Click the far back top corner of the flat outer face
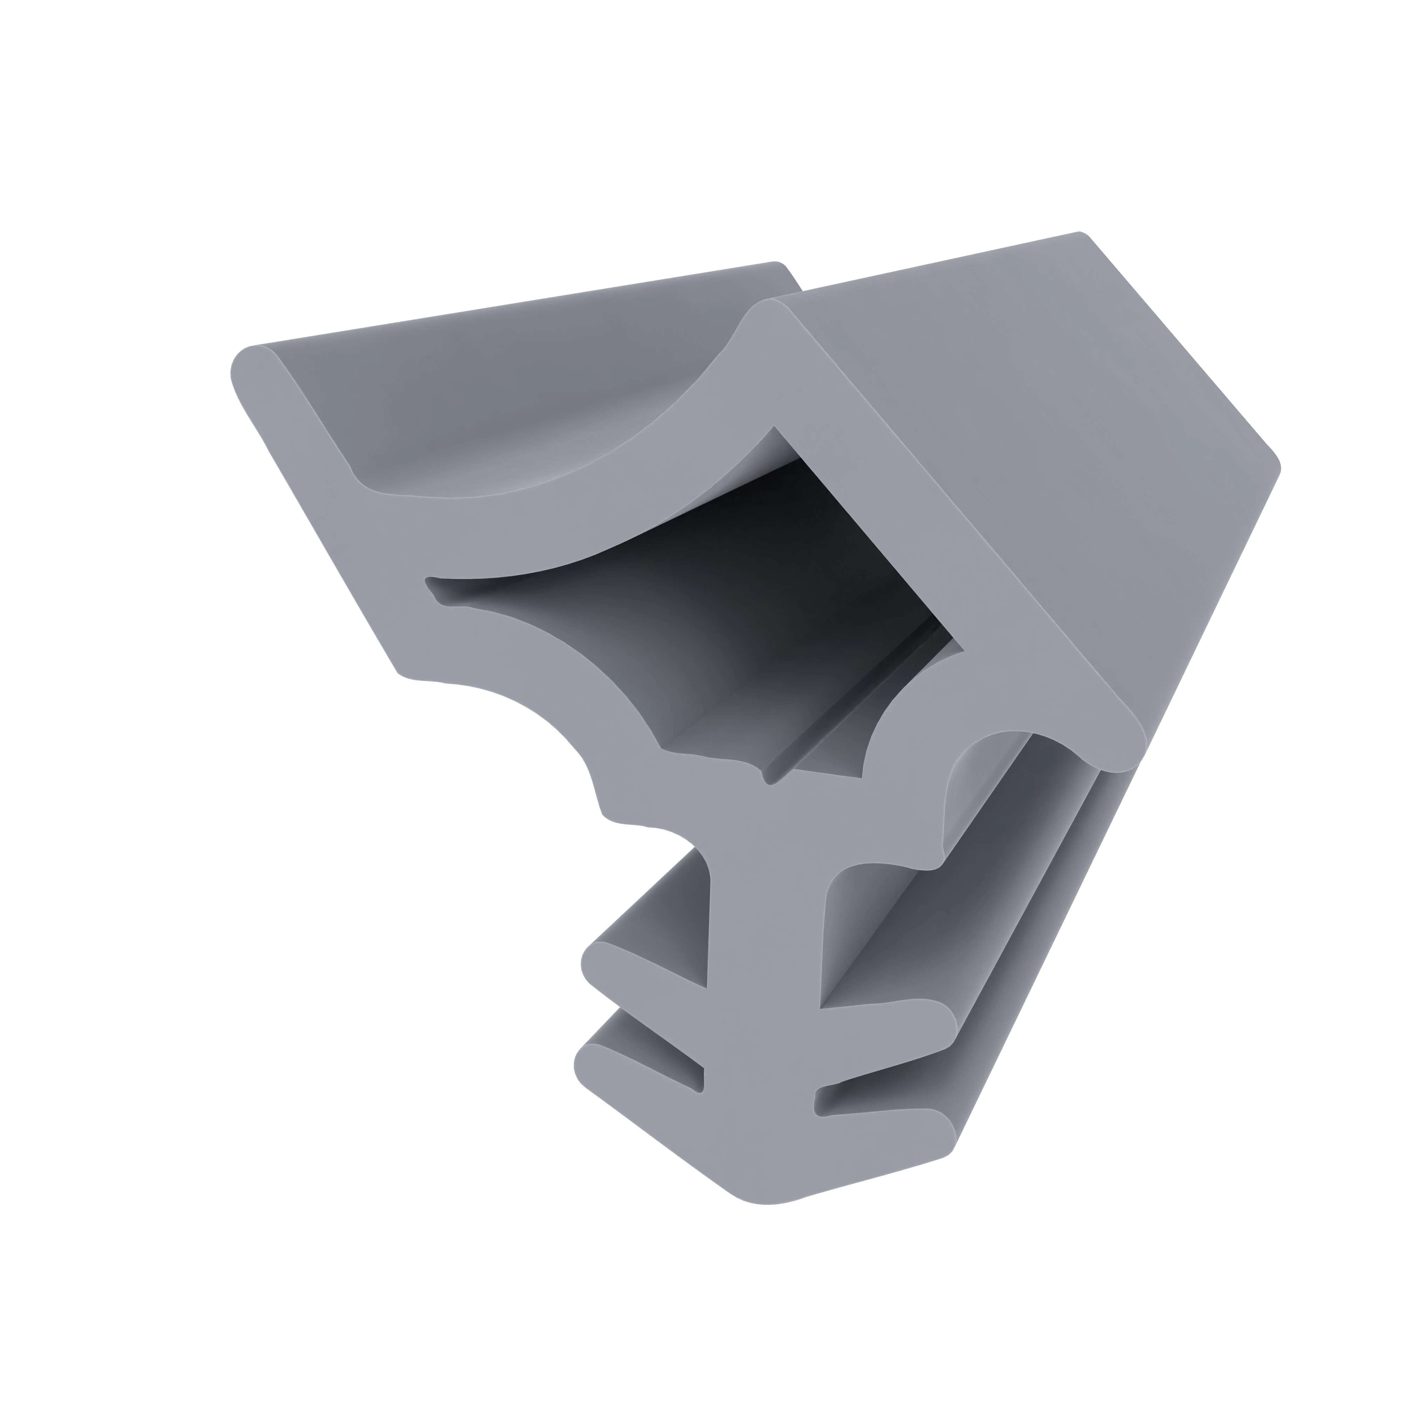pyautogui.click(x=1081, y=236)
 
